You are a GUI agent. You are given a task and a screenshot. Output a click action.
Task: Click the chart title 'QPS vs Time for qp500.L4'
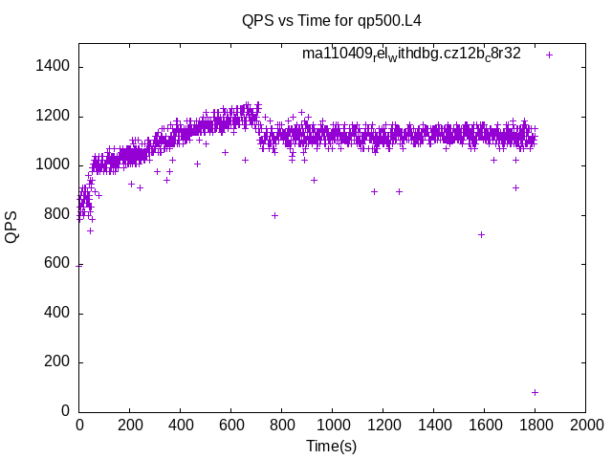332,20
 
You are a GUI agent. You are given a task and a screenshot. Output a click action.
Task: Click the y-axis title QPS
12,226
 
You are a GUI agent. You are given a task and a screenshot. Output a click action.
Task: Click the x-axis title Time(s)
332,447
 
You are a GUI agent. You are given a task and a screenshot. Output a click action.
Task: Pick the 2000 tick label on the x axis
585,426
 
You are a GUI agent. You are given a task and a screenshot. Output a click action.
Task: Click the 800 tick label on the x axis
281,426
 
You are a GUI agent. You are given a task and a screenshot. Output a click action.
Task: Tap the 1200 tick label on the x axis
382,426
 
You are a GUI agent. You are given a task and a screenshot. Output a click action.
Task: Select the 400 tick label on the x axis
180,426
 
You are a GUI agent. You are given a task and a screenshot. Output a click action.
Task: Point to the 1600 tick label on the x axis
484,426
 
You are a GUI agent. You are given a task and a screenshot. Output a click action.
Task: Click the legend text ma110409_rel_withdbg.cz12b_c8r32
411,54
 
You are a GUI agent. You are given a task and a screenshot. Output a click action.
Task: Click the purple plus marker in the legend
549,55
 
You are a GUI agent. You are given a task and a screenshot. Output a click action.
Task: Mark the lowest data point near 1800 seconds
535,392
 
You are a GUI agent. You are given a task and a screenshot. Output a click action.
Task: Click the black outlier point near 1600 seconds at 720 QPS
481,234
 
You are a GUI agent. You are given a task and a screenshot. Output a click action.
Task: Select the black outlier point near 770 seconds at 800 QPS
274,215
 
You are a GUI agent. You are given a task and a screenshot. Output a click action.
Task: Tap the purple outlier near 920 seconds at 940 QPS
314,180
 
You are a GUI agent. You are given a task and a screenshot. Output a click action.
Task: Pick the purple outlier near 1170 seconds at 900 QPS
374,191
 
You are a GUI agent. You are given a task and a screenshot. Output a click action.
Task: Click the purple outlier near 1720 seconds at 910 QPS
515,187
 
